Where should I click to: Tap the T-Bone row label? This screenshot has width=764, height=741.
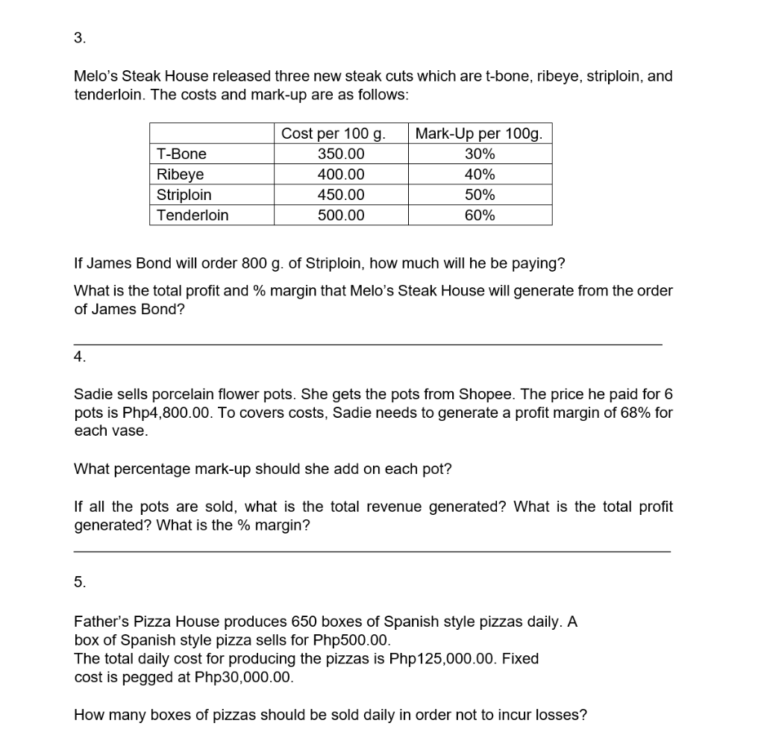(x=181, y=154)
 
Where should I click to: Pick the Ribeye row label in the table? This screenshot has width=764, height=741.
(x=180, y=175)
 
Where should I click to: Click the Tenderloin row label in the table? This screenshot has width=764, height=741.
(x=192, y=216)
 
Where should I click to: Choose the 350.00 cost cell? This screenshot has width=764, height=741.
(x=341, y=154)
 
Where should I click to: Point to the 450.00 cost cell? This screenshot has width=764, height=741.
(x=341, y=196)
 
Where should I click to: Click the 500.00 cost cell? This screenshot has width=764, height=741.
(x=341, y=216)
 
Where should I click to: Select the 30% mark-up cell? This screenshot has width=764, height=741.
(x=479, y=154)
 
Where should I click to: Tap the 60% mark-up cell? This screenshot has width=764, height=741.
(x=479, y=216)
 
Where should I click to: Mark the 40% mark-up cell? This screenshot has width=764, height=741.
(x=479, y=175)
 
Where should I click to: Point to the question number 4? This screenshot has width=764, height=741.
(x=79, y=357)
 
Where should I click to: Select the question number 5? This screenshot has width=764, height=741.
(x=79, y=583)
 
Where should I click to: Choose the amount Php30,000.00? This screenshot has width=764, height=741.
(x=244, y=678)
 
